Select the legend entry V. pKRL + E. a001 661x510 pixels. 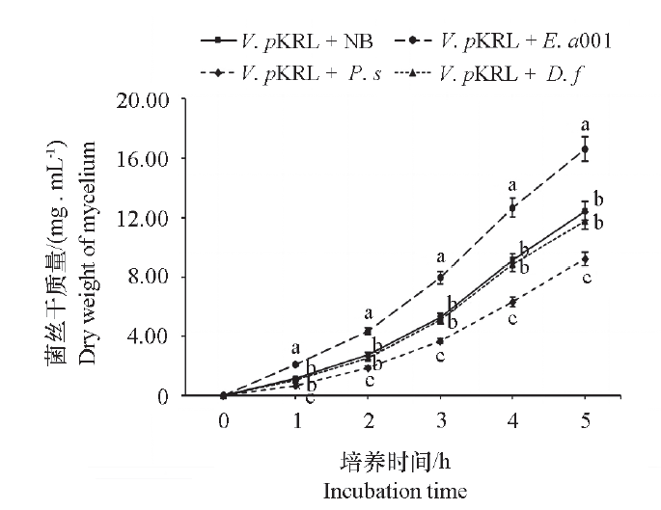point(511,41)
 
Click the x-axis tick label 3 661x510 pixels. point(440,422)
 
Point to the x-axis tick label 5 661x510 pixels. point(585,422)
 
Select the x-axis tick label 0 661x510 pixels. point(223,422)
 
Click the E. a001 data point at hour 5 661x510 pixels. point(585,149)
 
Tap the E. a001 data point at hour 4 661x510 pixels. point(512,207)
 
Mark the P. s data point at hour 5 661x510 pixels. point(585,258)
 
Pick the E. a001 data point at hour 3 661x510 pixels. point(440,278)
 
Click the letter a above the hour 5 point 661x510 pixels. point(584,125)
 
